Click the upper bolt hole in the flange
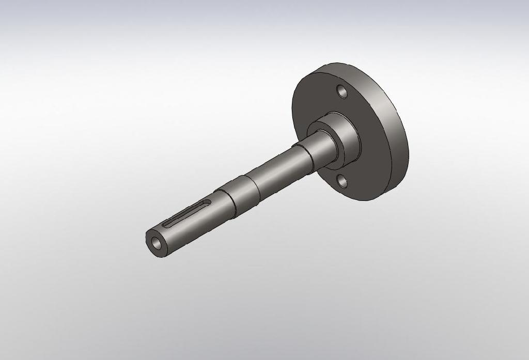click(x=341, y=91)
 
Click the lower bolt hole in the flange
click(x=341, y=180)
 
